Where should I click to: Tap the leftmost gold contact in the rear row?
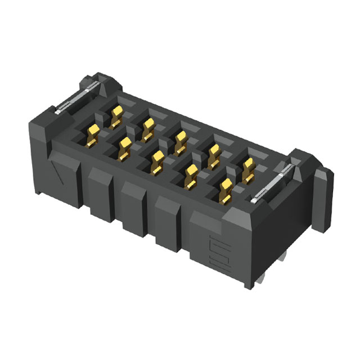[116, 115]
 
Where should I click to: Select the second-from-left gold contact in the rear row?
[148, 128]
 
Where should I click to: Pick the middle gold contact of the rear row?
[181, 142]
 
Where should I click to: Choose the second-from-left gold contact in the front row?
[124, 147]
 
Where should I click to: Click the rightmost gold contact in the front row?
[226, 192]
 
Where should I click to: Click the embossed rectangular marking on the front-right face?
[217, 253]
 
